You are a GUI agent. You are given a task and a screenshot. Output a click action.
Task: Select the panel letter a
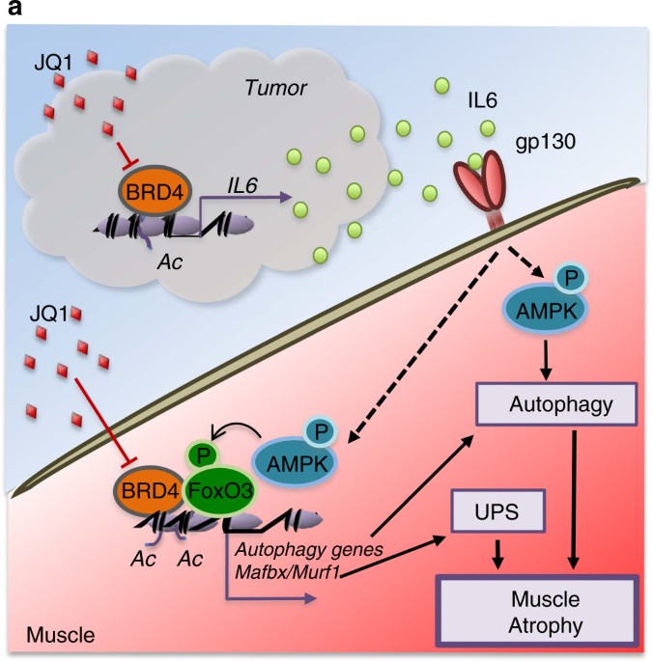[14, 10]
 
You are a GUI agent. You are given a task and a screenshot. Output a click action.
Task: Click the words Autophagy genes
[297, 551]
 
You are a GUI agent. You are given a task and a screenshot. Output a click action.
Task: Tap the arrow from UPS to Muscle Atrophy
[499, 551]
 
